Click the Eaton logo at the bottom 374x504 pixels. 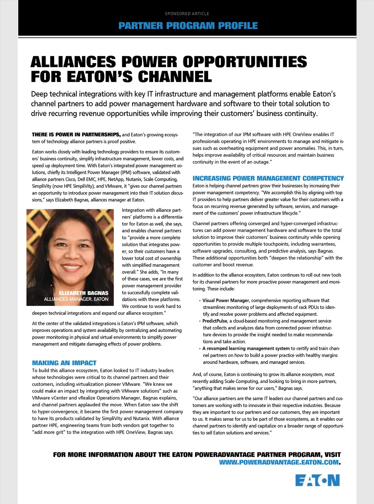[x=317, y=480]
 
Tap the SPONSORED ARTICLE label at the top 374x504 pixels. [x=187, y=14]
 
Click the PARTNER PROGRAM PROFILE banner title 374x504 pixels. [x=188, y=26]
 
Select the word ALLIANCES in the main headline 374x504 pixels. [x=73, y=62]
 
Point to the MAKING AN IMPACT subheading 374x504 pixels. [x=64, y=363]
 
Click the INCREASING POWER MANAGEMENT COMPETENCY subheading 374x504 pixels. [x=268, y=178]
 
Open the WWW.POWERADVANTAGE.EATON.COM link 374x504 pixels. [x=279, y=462]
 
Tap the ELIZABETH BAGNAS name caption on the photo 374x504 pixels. [x=84, y=293]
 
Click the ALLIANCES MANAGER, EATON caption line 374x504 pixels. [x=76, y=299]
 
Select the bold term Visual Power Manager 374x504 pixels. [x=226, y=301]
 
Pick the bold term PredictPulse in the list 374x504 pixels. [x=215, y=321]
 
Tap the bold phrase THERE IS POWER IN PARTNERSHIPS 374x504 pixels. [x=76, y=134]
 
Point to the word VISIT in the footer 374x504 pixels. [x=332, y=455]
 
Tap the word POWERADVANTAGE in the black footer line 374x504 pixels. [x=225, y=455]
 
